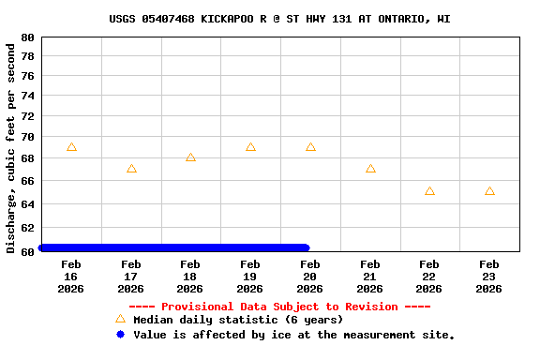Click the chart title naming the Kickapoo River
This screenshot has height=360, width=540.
point(278,19)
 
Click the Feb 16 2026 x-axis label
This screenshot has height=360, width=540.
point(71,277)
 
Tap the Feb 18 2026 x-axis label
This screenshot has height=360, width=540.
point(190,277)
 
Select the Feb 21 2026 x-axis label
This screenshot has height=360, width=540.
point(369,277)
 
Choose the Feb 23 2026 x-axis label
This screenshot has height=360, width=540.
point(488,277)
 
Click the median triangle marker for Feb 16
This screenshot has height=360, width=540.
point(71,147)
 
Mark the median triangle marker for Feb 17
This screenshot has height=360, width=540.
point(131,169)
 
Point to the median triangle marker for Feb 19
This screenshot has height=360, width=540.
point(250,147)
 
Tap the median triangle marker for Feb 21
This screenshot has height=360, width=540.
point(370,169)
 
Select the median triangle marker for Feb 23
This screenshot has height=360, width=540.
point(489,191)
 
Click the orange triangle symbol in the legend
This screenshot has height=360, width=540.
point(120,320)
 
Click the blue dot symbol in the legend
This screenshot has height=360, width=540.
point(120,335)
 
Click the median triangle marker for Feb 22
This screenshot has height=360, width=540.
point(429,191)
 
